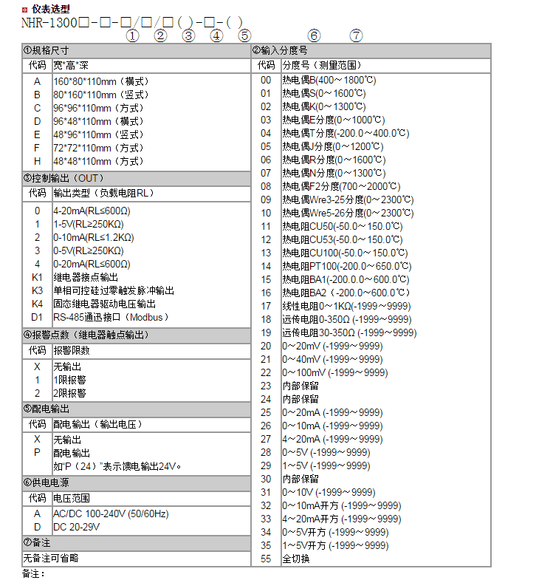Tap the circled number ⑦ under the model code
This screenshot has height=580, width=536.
pos(357,35)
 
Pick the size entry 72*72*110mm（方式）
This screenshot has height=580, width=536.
pos(97,148)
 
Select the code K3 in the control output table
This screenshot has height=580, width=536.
pos(37,290)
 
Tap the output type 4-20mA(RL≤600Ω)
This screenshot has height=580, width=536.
pos(92,211)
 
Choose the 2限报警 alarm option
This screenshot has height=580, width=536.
pos(69,393)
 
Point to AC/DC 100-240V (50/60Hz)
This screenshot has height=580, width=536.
pos(111,514)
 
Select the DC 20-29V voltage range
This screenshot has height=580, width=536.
pos(77,527)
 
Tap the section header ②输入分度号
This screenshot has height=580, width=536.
pos(280,51)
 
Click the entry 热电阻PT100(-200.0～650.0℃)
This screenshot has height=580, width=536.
pos(345,266)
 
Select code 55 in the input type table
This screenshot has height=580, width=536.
pos(266,559)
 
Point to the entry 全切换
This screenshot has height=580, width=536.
pos(296,559)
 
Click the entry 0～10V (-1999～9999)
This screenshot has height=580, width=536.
pos(329,492)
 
